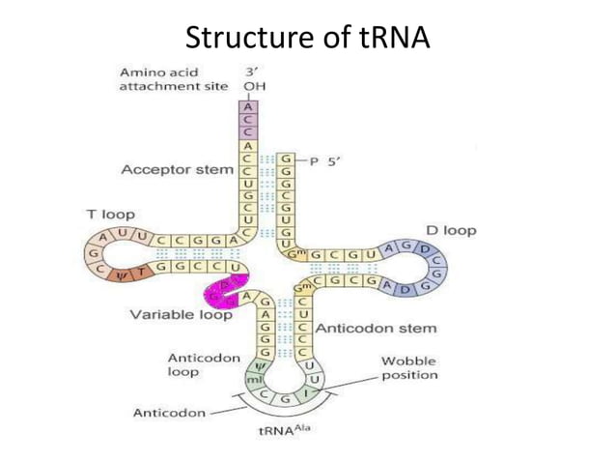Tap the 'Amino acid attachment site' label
coord(173,78)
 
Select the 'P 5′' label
coord(323,162)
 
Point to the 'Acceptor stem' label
coord(177,170)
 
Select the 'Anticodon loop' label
coord(204,364)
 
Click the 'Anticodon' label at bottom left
coord(169,413)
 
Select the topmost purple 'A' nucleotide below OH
coord(248,108)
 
